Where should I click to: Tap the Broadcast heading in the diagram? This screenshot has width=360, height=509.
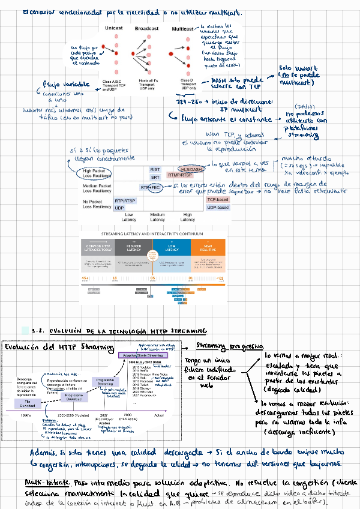pyautogui.click(x=146, y=28)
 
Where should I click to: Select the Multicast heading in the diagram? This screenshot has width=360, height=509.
pyautogui.click(x=183, y=28)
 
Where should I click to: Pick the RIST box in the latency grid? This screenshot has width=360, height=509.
pyautogui.click(x=155, y=170)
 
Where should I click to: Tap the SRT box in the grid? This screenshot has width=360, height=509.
pyautogui.click(x=155, y=177)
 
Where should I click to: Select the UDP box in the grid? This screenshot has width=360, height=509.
pyautogui.click(x=119, y=208)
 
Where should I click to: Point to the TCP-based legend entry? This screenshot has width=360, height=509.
pyautogui.click(x=218, y=199)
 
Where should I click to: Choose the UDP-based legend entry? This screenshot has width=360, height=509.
pyautogui.click(x=218, y=207)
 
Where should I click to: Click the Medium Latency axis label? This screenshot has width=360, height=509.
pyautogui.click(x=157, y=217)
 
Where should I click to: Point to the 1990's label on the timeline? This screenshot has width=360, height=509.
pyautogui.click(x=25, y=415)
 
